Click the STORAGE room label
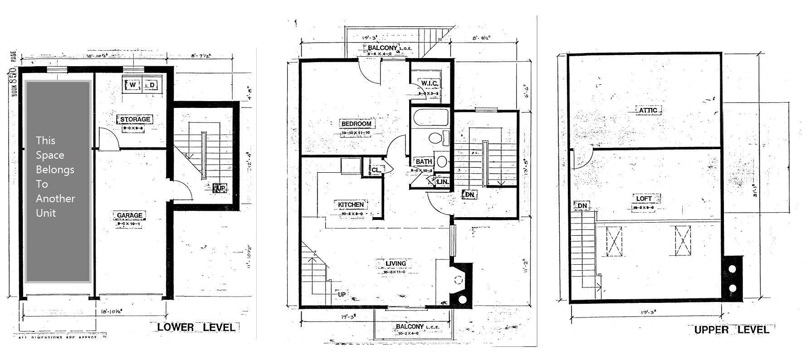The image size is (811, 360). point(135,119)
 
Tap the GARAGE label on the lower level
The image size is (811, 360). point(130,215)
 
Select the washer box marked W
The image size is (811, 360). point(132,85)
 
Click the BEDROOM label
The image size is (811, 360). point(356,124)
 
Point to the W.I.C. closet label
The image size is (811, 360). point(429,83)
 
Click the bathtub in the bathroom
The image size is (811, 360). point(430,117)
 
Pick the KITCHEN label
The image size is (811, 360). point(351,205)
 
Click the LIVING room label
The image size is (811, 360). point(396,263)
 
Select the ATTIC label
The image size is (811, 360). point(648,110)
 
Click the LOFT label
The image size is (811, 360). point(644,199)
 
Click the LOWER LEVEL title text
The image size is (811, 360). point(196,327)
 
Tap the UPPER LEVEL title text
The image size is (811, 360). point(731,330)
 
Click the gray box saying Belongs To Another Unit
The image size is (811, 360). point(58,181)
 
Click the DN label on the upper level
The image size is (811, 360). point(582,206)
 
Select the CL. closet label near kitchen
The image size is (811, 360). point(376,170)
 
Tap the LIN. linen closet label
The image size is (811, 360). point(442,182)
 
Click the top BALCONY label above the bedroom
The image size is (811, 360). point(383,48)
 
